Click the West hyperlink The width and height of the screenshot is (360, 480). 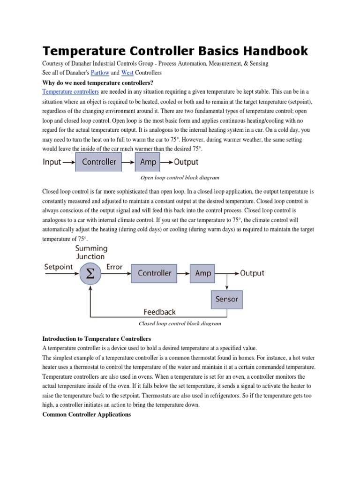127,73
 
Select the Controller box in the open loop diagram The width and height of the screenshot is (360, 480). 99,162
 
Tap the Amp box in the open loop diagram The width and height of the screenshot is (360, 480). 148,162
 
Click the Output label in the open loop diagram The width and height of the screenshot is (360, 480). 186,162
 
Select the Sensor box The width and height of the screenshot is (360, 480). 227,299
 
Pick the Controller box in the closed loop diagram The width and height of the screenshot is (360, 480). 154,273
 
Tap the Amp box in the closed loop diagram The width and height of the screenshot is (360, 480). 203,273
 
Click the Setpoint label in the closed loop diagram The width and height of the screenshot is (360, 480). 59,267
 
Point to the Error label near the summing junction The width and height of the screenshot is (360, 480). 114,267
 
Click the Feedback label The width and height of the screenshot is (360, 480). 159,311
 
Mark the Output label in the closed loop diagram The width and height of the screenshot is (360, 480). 252,273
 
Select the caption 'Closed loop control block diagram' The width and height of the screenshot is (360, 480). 180,323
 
